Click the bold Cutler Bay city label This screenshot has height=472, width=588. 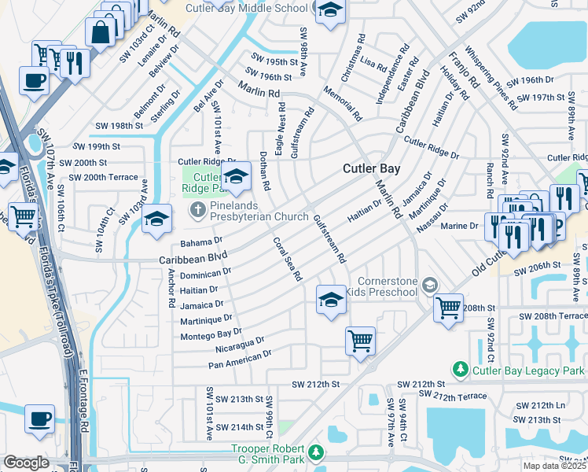point(372,168)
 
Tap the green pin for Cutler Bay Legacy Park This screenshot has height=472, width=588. point(460,369)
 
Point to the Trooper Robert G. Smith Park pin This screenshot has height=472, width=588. point(315,452)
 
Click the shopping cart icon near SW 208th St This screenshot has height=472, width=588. point(448,308)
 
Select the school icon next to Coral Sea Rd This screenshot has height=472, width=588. point(331,299)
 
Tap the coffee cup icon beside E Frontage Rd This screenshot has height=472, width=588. point(39,419)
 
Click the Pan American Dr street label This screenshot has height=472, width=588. point(240,360)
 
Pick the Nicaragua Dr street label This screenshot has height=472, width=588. point(239,345)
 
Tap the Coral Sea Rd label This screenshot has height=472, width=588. point(288,259)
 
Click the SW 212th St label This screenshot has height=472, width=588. point(314,385)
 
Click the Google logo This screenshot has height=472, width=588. point(26,463)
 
